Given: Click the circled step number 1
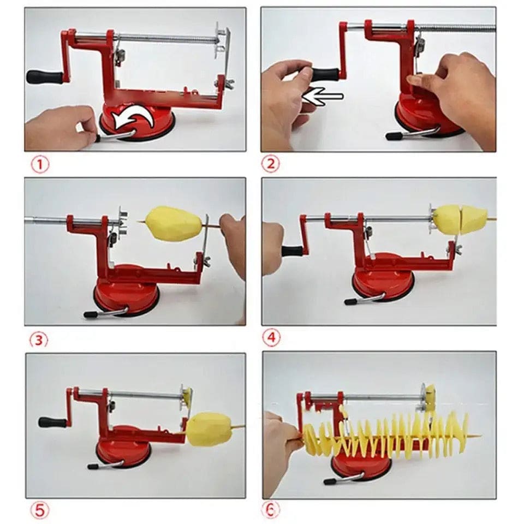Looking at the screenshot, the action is tap(40, 165).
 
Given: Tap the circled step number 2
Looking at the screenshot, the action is tap(270, 163).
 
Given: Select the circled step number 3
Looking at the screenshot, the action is tap(39, 340).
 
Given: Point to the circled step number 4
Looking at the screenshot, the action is tap(271, 337).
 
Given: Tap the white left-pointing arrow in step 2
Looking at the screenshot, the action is tap(323, 96).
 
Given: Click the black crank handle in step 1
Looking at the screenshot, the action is tap(45, 77).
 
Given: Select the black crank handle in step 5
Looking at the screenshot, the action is tap(53, 422).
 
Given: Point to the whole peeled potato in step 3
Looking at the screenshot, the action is tap(175, 223).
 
